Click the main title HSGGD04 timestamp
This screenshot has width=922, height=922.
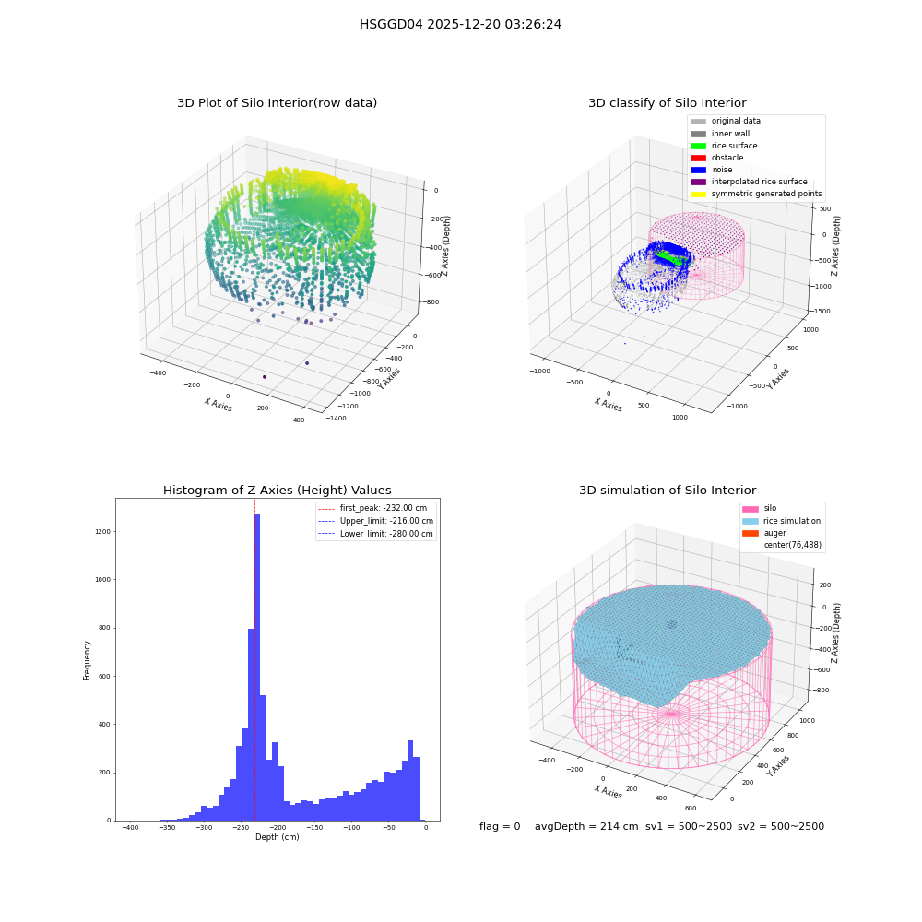tap(460, 24)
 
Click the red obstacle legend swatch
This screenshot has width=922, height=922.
tap(698, 158)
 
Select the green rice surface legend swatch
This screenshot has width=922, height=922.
tap(698, 146)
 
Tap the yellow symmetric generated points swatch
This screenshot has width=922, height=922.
tap(698, 194)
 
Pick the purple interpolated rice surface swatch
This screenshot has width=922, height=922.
tap(698, 182)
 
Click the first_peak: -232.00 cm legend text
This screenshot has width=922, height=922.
tap(384, 508)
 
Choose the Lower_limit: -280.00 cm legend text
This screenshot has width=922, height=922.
tap(386, 534)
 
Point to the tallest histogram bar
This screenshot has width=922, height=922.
tap(257, 667)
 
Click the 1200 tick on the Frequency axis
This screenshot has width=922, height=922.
tap(103, 532)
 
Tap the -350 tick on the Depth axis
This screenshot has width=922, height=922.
tap(167, 828)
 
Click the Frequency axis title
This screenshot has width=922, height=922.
tap(87, 660)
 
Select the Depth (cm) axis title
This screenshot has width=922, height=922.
tap(277, 837)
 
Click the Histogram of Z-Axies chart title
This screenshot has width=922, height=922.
tap(277, 490)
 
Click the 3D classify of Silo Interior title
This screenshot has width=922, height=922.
tap(668, 103)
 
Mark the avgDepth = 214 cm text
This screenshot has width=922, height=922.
tap(586, 826)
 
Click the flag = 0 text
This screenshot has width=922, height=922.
tap(500, 826)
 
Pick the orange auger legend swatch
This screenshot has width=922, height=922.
tap(751, 533)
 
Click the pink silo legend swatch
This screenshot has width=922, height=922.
tap(751, 509)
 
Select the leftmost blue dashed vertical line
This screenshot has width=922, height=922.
tap(219, 660)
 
